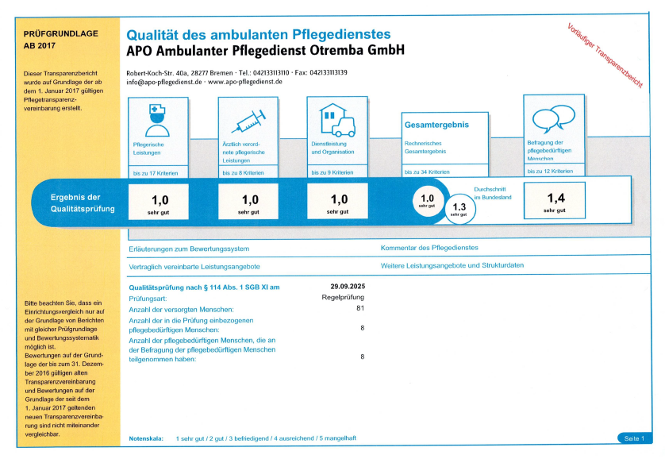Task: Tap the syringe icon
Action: coord(248,121)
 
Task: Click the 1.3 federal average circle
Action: coord(459,209)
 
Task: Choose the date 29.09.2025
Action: coord(347,286)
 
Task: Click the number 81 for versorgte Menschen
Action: coord(360,308)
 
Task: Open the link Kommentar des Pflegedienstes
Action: coord(429,249)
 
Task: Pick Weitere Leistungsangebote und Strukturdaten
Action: coord(452,265)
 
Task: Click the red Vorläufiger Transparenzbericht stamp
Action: coord(605,55)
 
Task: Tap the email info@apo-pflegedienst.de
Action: coord(164,82)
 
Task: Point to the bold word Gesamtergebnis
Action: coord(436,125)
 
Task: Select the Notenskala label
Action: coord(145,438)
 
